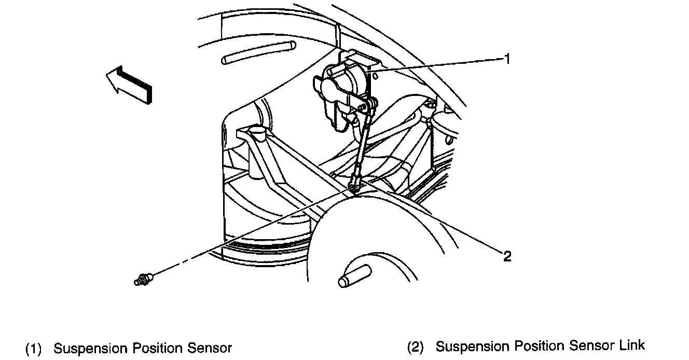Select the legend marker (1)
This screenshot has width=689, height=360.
coord(33,348)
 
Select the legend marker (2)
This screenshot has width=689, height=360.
coord(415,347)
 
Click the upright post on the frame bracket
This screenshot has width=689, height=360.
coord(256,133)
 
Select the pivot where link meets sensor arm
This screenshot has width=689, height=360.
coord(371,106)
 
